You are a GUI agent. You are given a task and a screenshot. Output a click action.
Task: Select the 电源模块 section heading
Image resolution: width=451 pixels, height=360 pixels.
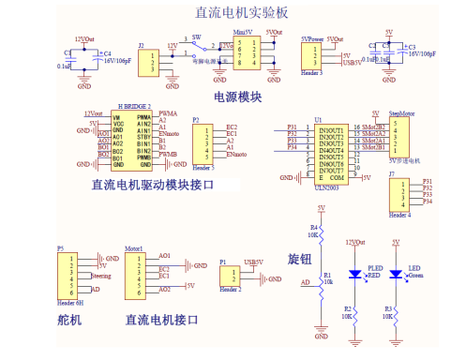pyautogui.click(x=238, y=96)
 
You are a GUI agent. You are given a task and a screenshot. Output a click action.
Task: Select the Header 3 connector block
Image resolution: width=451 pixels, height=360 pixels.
pyautogui.click(x=311, y=57)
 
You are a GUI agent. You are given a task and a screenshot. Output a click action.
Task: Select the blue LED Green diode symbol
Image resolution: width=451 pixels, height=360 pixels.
pyautogui.click(x=396, y=274)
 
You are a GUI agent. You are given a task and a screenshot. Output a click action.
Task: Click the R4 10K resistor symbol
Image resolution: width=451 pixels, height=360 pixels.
pyautogui.click(x=321, y=230)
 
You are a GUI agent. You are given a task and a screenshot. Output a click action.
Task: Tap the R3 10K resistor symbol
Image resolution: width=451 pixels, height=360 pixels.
pyautogui.click(x=396, y=310)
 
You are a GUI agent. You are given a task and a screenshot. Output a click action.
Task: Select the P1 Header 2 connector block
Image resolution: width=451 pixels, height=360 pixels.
pyautogui.click(x=226, y=276)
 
